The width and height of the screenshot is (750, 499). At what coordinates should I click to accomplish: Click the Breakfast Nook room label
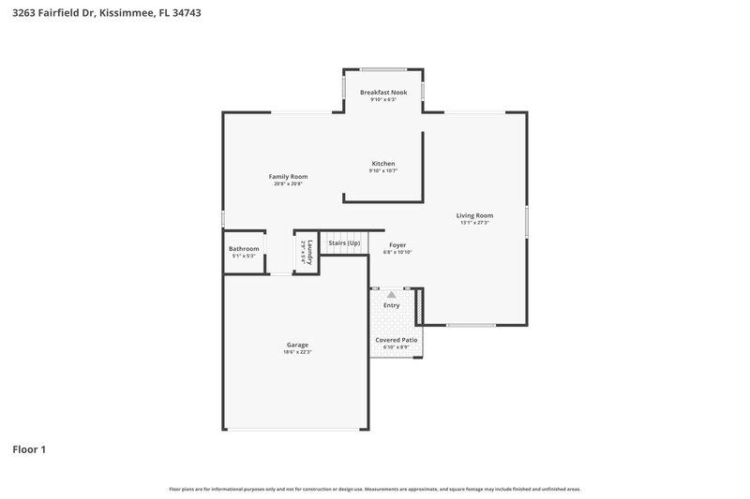click(383, 93)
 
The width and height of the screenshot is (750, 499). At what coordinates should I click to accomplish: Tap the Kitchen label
click(382, 164)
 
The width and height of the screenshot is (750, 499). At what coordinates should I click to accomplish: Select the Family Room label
click(288, 177)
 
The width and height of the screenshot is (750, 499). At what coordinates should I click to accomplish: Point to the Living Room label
click(475, 215)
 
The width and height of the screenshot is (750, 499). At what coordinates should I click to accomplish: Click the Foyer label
click(397, 244)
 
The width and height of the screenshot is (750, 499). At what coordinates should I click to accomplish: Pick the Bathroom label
click(244, 249)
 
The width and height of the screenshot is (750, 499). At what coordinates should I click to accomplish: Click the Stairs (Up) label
click(344, 243)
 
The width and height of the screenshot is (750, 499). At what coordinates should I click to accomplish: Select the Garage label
click(297, 345)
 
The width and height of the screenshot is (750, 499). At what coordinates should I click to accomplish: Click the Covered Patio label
click(397, 340)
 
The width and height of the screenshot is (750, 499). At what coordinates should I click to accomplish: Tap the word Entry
click(392, 305)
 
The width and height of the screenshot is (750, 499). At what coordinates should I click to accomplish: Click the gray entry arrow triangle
click(392, 294)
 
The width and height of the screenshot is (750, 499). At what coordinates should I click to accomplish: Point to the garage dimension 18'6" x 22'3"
click(297, 352)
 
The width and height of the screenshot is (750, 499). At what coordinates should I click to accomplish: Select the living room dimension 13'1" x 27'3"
click(475, 223)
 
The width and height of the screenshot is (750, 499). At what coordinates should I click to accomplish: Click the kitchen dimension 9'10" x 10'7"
click(382, 171)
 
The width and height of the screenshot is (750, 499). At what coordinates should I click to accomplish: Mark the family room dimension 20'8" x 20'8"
click(288, 183)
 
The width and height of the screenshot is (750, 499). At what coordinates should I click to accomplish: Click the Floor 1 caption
click(29, 449)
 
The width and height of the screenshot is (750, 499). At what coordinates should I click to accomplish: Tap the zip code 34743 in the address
click(185, 13)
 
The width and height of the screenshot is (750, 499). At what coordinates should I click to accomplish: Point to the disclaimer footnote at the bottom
click(374, 489)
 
